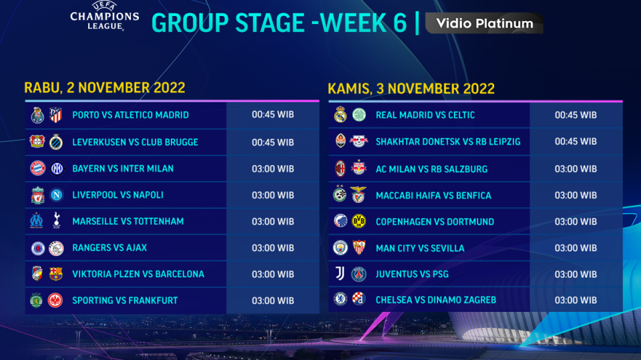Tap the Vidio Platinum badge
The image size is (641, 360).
click(485, 23)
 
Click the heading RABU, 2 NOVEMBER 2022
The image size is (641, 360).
click(105, 87)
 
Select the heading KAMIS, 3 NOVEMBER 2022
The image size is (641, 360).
click(411, 88)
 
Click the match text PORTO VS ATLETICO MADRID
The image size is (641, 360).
click(130, 115)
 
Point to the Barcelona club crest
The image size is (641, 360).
click(55, 274)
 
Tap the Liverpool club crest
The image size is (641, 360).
click(37, 195)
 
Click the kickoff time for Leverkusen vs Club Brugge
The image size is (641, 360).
click(272, 142)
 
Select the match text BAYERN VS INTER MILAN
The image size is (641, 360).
click(123, 168)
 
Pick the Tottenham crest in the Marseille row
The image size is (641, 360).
click(55, 221)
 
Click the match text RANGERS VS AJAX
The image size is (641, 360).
click(110, 248)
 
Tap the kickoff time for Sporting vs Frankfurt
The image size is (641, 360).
click(272, 301)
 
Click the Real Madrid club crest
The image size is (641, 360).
click(340, 115)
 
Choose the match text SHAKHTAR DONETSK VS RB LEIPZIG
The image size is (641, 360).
click(448, 142)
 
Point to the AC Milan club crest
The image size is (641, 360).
click(340, 168)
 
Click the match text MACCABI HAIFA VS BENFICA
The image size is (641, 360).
click(433, 195)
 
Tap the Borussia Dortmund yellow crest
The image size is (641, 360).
click(359, 222)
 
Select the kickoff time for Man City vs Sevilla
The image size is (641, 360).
click(576, 248)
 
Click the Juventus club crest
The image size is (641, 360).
click(340, 274)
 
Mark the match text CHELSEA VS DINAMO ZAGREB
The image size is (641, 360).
click(436, 300)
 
